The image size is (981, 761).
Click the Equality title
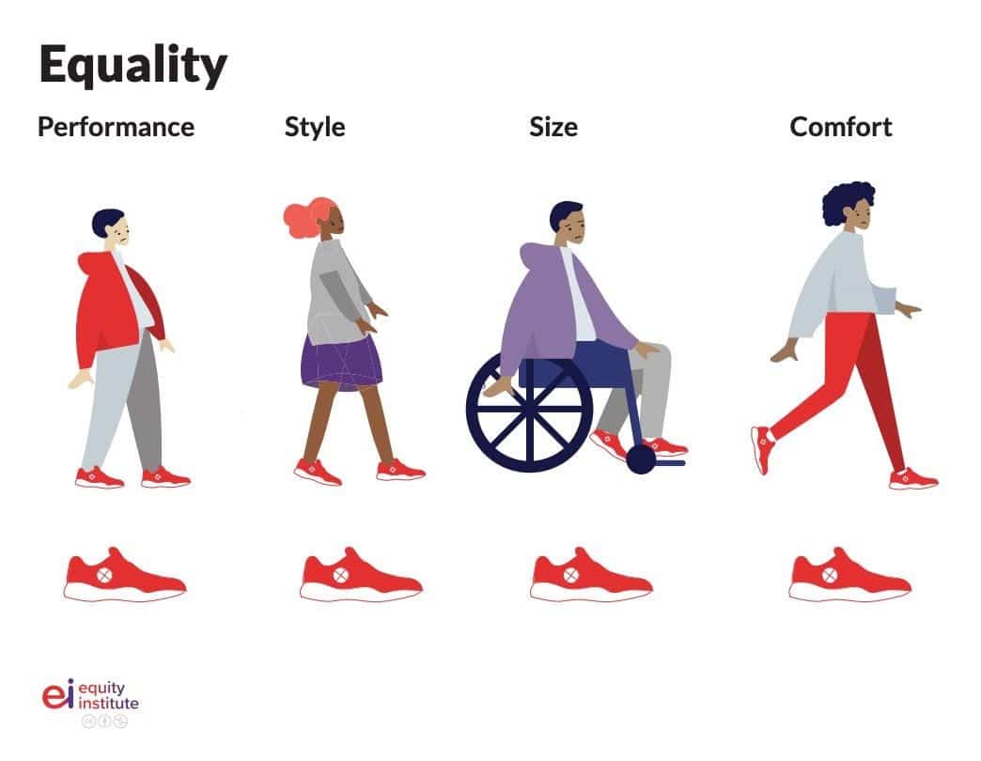click(132, 65)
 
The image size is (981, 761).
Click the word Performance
click(116, 127)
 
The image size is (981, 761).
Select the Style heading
click(315, 128)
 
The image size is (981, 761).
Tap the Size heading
click(553, 127)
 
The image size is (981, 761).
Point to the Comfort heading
click(841, 127)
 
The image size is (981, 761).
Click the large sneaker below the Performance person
click(125, 575)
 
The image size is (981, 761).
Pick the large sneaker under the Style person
click(361, 575)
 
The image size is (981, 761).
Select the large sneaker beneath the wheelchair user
click(591, 575)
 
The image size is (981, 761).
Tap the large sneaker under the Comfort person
click(849, 575)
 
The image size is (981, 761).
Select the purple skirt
click(341, 363)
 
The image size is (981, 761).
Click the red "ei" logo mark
click(58, 694)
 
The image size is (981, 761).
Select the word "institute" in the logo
click(109, 704)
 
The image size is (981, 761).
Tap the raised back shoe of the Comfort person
click(763, 449)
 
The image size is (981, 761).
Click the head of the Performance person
click(113, 226)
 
